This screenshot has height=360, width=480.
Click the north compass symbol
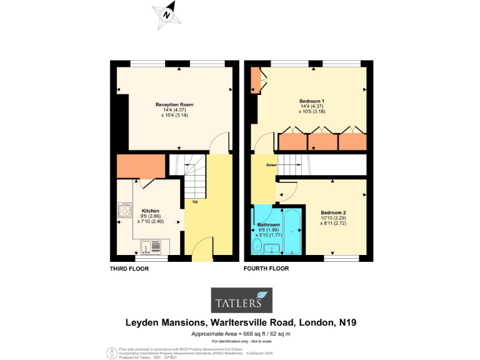point(167,13)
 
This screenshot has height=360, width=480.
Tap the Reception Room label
point(174,104)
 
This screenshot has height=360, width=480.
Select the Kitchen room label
point(150,211)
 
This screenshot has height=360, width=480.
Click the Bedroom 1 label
point(311,101)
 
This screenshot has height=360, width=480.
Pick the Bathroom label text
point(268,224)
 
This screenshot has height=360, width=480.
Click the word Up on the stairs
point(195,202)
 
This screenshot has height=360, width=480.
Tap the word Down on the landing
point(271,165)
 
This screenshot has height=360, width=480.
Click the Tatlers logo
point(241,299)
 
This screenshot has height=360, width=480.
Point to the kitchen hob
point(124,209)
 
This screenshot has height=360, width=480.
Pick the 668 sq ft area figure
point(260,334)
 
